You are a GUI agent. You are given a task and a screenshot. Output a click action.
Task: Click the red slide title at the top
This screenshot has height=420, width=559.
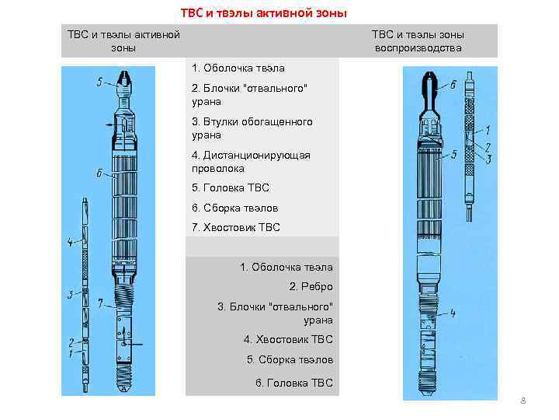pos(264,13)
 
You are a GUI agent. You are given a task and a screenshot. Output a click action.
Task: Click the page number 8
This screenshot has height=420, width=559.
pos(523,401)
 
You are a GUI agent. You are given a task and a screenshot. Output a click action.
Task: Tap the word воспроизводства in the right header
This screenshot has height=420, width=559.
pos(418,48)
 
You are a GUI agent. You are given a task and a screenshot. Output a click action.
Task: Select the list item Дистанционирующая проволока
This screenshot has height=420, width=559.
pos(250,161)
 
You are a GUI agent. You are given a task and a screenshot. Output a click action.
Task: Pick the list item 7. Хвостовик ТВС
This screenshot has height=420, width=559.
pos(235,227)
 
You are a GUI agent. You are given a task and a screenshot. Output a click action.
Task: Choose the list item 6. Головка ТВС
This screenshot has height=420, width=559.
pos(293,382)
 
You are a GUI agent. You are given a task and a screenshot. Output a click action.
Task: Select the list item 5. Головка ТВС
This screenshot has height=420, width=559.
pos(230,187)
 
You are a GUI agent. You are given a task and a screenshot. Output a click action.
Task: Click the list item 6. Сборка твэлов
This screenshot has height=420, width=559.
pos(234,208)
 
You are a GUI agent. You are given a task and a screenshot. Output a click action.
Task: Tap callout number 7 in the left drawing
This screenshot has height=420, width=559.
pos(99,303)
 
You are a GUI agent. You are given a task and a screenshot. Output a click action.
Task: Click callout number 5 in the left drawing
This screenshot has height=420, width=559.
pos(99,82)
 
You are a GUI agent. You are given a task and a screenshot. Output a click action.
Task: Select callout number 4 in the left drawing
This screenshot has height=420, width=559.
pos(70,243)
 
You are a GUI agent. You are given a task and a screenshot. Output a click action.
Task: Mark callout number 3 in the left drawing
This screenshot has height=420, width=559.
pos(69,295)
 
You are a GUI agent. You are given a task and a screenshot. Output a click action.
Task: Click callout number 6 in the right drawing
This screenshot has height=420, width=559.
pos(453,86)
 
